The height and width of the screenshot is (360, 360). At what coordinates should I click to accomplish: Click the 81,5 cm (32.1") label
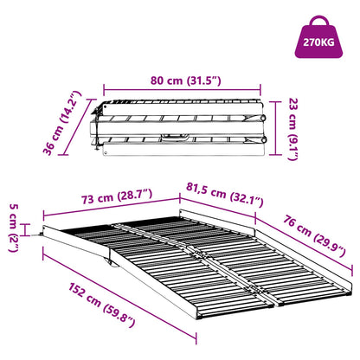pyautogui.click(x=225, y=192)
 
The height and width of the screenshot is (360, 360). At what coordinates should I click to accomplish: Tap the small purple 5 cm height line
pyautogui.click(x=32, y=229)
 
